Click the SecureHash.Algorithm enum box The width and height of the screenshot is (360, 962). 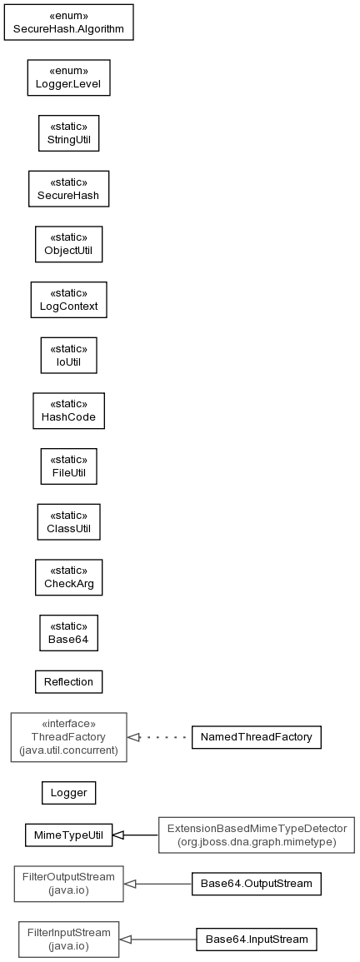[x=69, y=22]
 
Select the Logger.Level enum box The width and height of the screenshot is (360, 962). [x=69, y=77]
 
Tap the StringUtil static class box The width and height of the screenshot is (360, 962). [x=69, y=133]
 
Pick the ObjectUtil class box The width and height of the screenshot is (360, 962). [x=69, y=244]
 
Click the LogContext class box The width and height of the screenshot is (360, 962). [x=69, y=299]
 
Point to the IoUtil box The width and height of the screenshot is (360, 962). [x=69, y=355]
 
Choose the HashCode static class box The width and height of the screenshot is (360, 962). [x=69, y=411]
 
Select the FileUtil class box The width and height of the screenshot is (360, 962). [x=69, y=466]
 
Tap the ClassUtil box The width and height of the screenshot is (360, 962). [x=69, y=521]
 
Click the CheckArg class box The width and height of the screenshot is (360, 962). [x=69, y=577]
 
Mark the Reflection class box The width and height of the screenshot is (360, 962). [x=69, y=681]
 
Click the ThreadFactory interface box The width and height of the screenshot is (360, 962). [x=69, y=737]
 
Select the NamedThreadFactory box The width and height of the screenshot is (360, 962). [x=257, y=737]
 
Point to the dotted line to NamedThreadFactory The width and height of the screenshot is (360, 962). [x=160, y=737]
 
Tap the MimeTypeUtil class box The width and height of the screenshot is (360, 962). [x=69, y=835]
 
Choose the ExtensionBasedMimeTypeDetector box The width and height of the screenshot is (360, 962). [x=257, y=835]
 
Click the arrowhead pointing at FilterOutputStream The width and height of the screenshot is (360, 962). [x=130, y=884]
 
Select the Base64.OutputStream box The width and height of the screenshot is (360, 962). [x=257, y=884]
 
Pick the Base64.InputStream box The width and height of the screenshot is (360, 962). [x=257, y=940]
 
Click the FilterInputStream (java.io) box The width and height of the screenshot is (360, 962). [x=69, y=940]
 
